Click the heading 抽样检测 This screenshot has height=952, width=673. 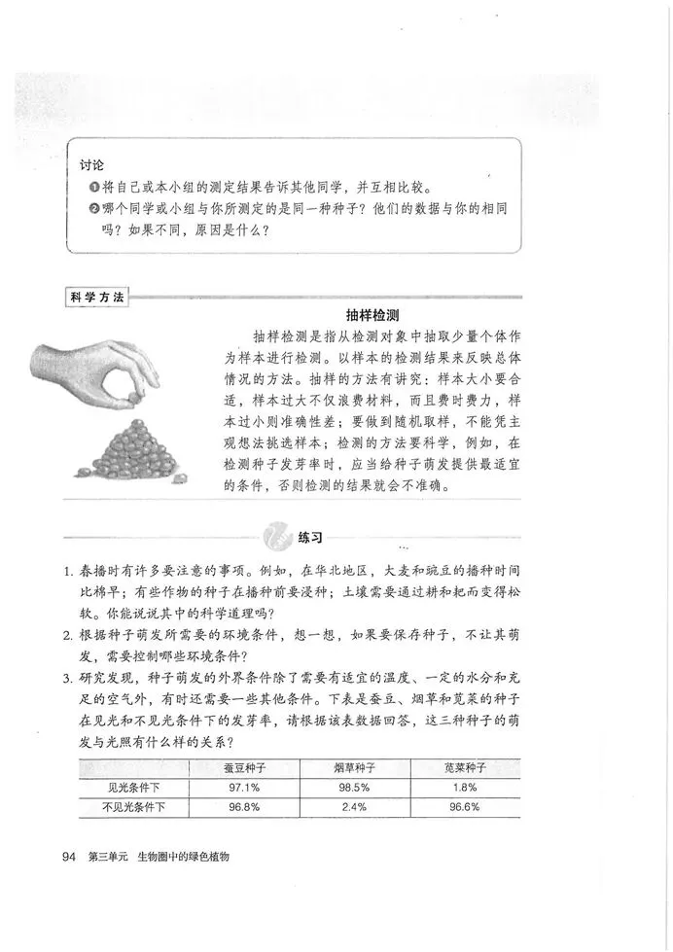point(374,315)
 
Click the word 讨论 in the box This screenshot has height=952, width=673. point(91,166)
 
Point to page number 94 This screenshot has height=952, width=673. point(68,856)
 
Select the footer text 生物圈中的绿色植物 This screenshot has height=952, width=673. point(189,856)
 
